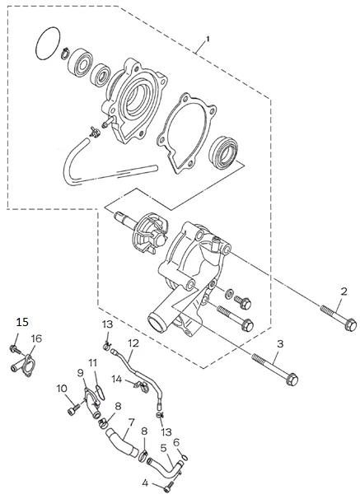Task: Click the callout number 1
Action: (208, 40)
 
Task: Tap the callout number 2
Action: (344, 291)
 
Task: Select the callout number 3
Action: (280, 344)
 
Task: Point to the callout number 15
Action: (22, 323)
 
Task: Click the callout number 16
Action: (36, 338)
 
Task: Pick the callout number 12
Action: (134, 343)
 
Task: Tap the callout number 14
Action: (117, 380)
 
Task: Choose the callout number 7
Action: (130, 422)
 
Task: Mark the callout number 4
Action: (145, 483)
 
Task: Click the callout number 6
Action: (176, 442)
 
